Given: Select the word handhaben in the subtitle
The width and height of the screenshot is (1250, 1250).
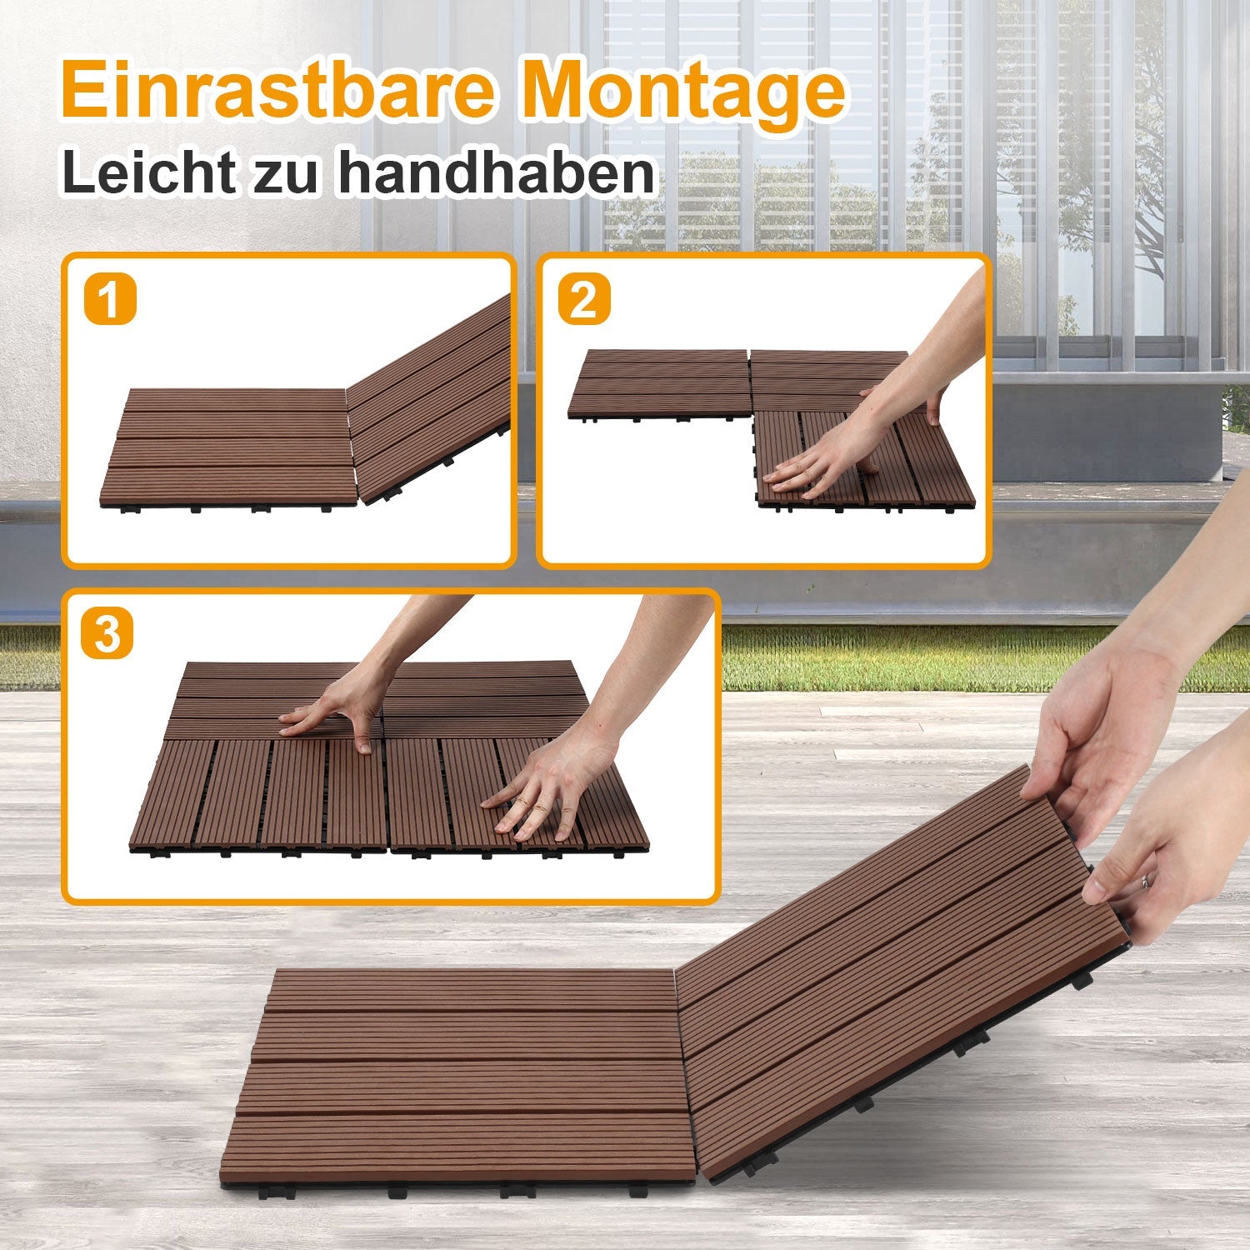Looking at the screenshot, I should (495, 172).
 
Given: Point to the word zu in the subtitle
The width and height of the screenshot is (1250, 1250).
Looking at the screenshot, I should (285, 175).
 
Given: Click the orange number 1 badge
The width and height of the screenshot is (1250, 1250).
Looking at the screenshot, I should (110, 301).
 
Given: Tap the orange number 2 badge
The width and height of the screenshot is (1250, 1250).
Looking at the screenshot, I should (583, 300).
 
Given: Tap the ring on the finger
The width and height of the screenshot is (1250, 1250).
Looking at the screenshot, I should (1147, 881).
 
